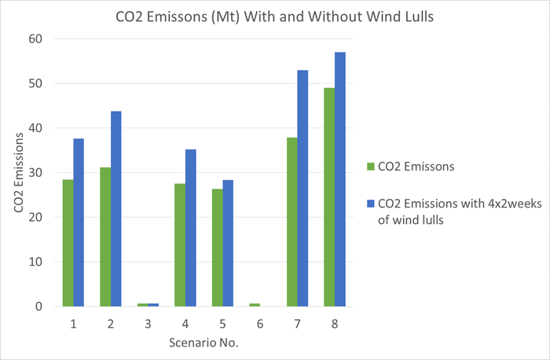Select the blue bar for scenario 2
(116, 208)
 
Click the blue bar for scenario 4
(191, 228)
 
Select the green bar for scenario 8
(329, 197)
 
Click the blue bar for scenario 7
(302, 189)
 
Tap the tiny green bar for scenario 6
(255, 304)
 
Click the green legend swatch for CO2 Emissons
(371, 165)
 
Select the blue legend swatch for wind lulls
(371, 202)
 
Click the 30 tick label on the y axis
(36, 173)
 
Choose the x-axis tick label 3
(148, 322)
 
